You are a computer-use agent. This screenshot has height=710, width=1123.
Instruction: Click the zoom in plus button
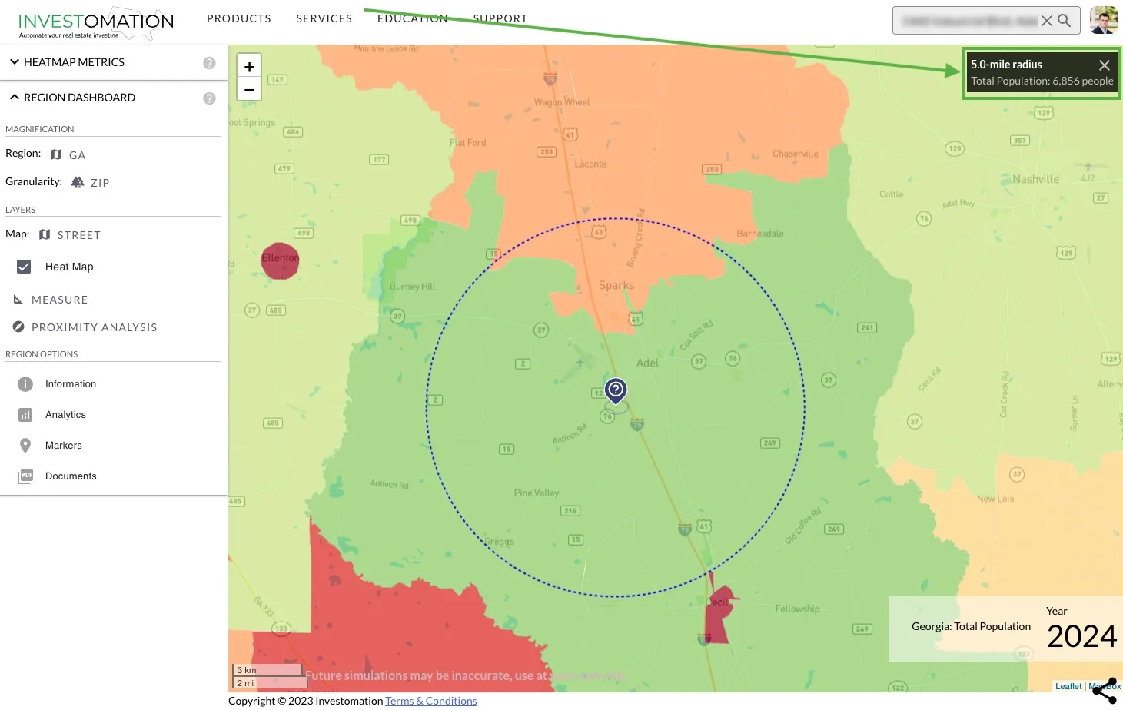click(249, 67)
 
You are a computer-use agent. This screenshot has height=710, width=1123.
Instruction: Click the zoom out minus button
click(249, 89)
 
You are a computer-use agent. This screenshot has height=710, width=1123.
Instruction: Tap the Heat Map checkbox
click(24, 267)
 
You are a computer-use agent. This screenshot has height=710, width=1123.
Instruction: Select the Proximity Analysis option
click(94, 327)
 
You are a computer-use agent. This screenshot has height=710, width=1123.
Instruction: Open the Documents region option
click(71, 476)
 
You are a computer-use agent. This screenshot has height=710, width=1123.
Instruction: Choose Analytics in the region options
click(65, 415)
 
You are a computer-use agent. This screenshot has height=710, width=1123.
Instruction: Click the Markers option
click(63, 446)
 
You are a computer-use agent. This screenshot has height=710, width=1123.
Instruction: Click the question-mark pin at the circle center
click(616, 390)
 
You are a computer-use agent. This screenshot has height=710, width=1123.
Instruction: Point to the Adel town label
click(647, 363)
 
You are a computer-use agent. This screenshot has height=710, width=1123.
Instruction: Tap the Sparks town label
click(616, 286)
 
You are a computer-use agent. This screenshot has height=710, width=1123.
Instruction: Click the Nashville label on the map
click(1035, 179)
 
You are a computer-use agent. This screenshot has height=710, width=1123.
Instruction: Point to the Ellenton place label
click(280, 258)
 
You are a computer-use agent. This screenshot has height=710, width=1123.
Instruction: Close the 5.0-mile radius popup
click(1105, 65)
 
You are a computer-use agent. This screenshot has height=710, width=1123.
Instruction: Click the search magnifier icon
click(1065, 21)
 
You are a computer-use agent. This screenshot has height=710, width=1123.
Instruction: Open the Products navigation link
click(239, 18)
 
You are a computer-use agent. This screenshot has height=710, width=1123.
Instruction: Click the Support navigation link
click(500, 18)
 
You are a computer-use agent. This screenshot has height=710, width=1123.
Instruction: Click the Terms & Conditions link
click(431, 701)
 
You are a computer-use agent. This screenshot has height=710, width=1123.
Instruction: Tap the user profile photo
click(1104, 21)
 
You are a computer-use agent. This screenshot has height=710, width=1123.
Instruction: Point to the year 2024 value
click(1081, 636)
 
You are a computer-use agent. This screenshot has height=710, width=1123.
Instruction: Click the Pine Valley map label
click(537, 493)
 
